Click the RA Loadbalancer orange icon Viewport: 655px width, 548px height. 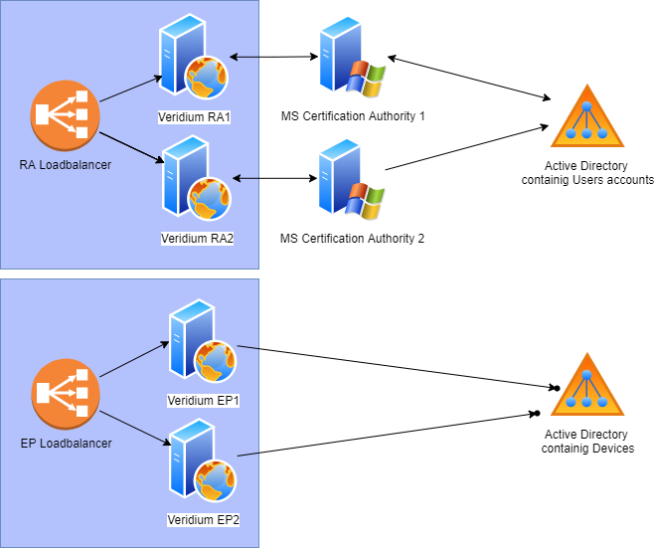point(61,115)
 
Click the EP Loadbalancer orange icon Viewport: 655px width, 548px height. point(61,393)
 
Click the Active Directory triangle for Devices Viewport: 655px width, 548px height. point(587,385)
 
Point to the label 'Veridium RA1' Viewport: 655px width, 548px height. point(194,117)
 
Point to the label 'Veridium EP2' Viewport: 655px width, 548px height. point(204,519)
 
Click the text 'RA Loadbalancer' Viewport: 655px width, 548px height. point(66,164)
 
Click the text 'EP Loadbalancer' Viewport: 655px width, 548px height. point(66,443)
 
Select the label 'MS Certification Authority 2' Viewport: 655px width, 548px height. point(353,239)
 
